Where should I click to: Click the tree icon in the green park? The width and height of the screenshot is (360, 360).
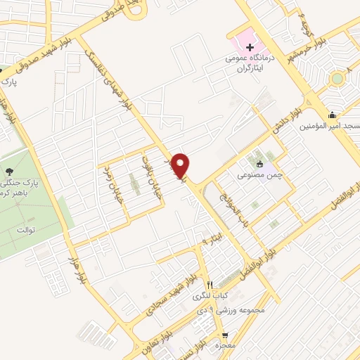coord(8,171)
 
